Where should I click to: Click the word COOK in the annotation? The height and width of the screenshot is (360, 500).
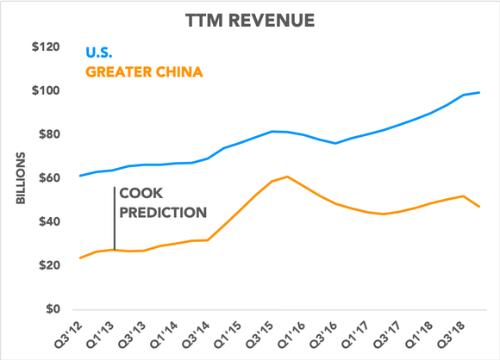point(141,194)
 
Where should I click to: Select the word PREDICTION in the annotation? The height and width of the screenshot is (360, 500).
point(163,211)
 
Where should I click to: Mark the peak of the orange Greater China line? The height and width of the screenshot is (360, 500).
point(287,177)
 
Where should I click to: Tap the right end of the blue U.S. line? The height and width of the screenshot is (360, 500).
point(479,92)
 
